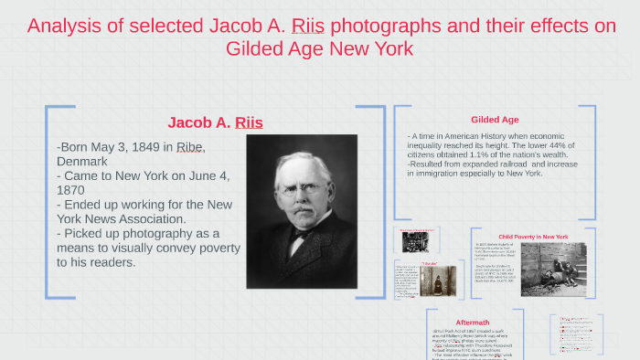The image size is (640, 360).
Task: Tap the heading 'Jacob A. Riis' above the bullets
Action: point(215,122)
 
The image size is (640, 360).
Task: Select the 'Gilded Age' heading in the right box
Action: point(495,120)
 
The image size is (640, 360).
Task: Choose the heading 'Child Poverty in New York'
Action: point(533,237)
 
